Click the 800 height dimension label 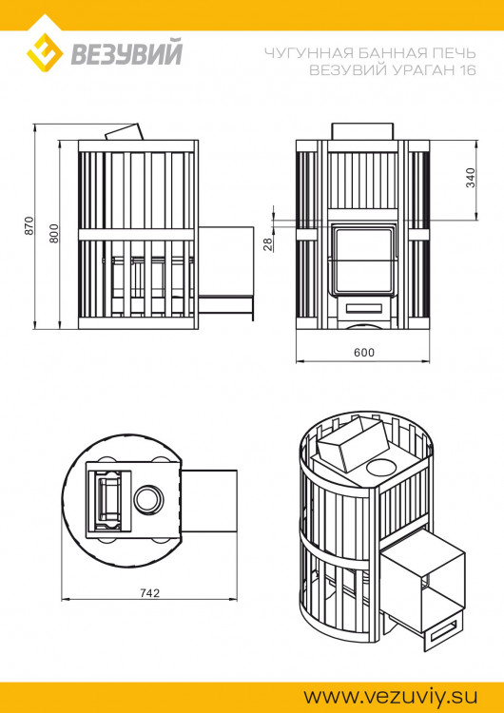pos(54,233)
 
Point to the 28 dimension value pos(268,244)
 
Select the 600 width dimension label pos(364,352)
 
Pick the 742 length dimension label pos(149,592)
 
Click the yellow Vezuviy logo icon pos(44,54)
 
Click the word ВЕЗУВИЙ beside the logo pos(126,55)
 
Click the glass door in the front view pos(364,258)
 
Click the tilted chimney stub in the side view pos(124,132)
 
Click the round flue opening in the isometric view pos(384,467)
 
